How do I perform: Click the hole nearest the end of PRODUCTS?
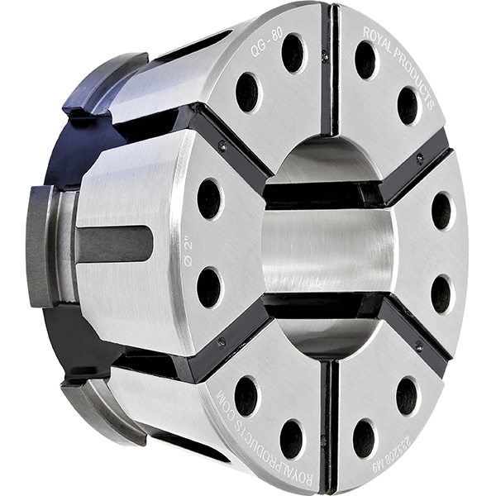tap(408, 106)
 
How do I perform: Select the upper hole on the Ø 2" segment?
tap(209, 199)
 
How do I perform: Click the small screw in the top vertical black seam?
tap(325, 56)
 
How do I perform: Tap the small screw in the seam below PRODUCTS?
tap(420, 156)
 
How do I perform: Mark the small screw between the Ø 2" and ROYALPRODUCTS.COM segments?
tap(222, 341)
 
